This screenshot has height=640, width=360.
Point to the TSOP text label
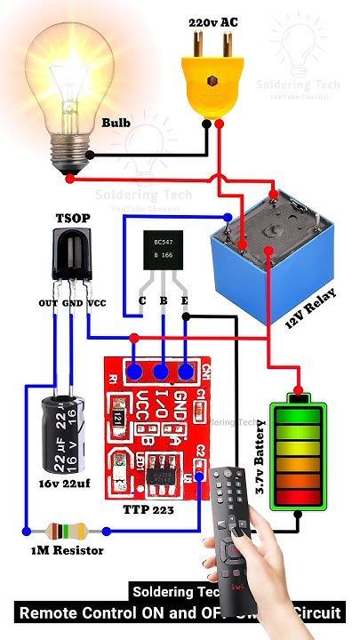72,217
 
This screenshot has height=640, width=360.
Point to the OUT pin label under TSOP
48,303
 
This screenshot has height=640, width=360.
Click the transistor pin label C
141,300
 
